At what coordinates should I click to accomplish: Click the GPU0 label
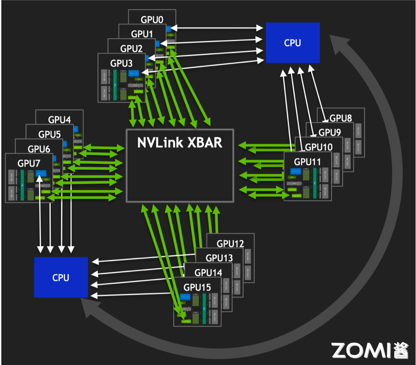(152, 19)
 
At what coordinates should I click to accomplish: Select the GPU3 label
(121, 63)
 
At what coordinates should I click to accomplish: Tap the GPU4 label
(60, 119)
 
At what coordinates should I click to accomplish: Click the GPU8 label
(341, 118)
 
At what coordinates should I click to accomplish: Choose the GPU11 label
(307, 162)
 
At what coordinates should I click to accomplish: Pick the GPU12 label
(230, 244)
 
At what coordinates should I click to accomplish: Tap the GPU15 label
(197, 287)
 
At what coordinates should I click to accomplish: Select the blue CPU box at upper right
(292, 43)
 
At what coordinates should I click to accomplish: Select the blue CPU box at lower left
(61, 277)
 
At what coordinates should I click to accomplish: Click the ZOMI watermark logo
(370, 350)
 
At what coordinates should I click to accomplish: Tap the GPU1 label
(142, 34)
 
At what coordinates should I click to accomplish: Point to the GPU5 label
(50, 134)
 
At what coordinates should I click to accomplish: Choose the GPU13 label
(219, 258)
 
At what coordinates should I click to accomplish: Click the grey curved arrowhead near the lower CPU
(90, 310)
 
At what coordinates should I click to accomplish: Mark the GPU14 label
(208, 273)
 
